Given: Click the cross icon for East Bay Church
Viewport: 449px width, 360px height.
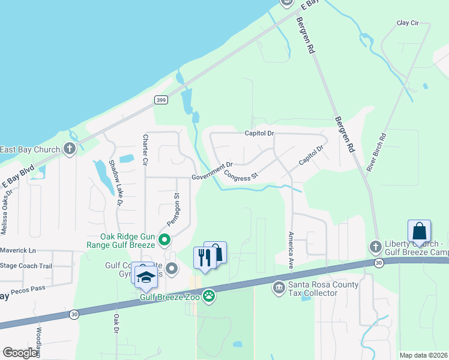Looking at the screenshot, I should pos(70,149).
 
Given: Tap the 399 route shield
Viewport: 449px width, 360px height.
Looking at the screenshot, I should pos(160,100).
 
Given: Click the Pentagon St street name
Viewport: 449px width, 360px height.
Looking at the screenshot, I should pos(173,208).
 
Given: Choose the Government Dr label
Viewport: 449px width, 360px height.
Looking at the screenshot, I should pos(212,172).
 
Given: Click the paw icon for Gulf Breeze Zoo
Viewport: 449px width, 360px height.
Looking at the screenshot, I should pos(209,295).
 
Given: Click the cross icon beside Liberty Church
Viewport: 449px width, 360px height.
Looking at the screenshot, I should pos(375,247).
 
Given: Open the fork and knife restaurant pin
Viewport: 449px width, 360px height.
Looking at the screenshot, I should pos(204,258).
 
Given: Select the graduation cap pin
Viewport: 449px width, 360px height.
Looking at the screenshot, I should pos(145,277).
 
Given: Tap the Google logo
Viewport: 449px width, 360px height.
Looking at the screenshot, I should pos(20,353).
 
